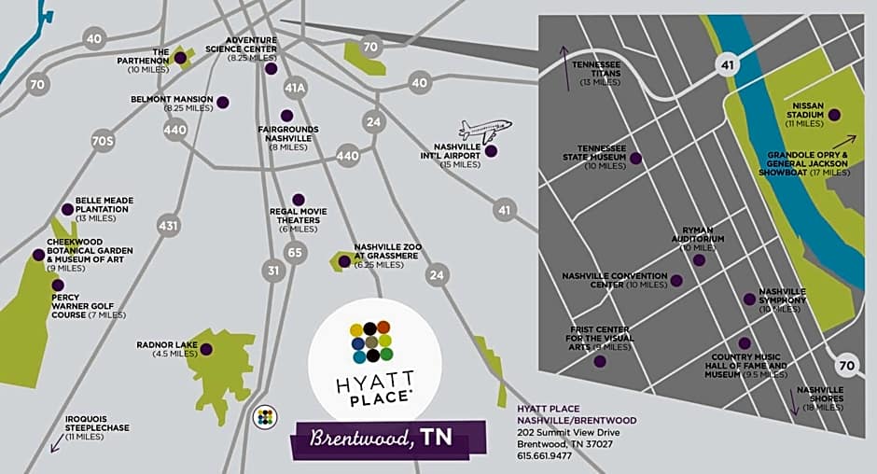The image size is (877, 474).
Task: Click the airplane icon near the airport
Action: click(484, 129)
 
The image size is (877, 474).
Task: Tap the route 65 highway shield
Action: click(295, 251)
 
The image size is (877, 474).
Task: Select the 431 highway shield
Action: click(169, 225)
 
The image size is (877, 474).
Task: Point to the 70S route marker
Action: click(103, 142)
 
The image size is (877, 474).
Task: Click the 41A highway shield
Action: click(295, 88)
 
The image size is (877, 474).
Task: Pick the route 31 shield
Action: click(274, 271)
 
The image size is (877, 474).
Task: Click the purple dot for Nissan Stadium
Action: click(834, 115)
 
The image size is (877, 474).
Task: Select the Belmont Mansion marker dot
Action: click(222, 102)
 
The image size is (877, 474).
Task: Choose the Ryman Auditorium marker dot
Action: click(699, 260)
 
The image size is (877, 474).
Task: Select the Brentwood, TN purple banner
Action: click(390, 439)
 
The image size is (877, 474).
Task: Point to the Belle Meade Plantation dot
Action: click(67, 210)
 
